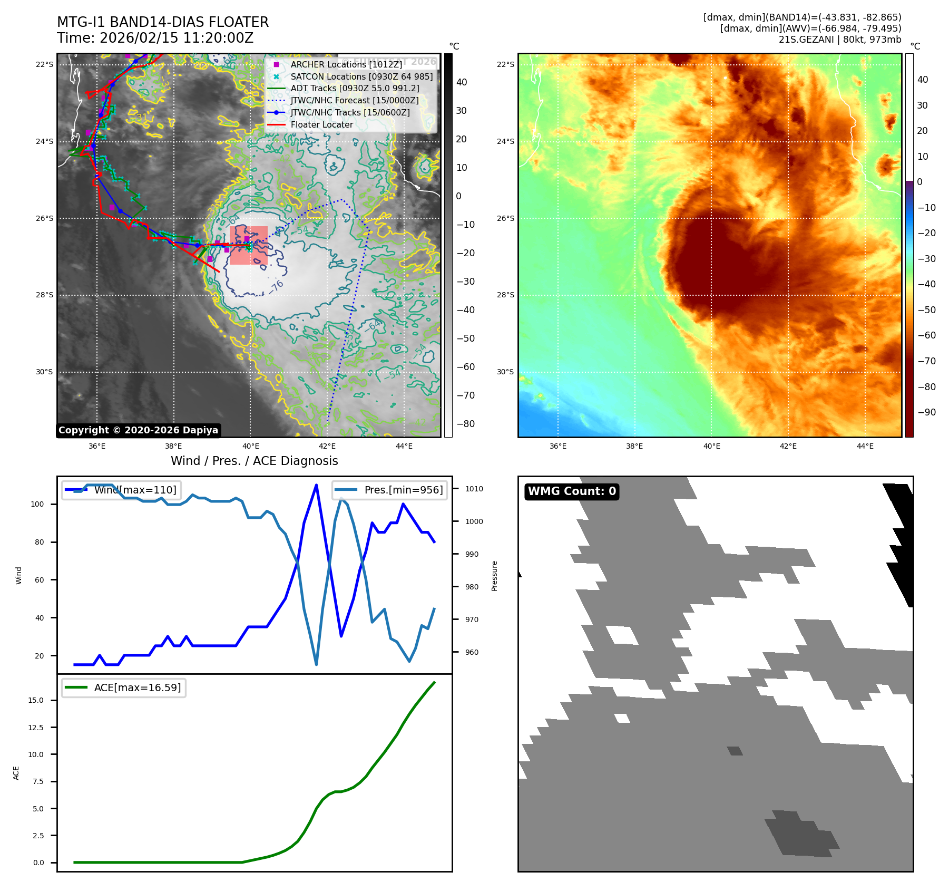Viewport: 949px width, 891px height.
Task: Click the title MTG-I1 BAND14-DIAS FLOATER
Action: click(163, 22)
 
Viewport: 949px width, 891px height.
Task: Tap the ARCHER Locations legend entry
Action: click(346, 64)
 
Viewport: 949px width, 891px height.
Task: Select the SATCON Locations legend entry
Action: click(361, 76)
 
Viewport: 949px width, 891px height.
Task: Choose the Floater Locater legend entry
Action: click(321, 124)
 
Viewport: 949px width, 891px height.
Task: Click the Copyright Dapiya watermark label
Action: click(138, 430)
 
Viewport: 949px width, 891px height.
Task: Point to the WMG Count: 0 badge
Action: click(572, 491)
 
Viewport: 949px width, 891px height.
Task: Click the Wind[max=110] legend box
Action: click(121, 490)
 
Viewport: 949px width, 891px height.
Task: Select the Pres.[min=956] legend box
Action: click(390, 490)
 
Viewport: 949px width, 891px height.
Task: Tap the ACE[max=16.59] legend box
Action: click(124, 687)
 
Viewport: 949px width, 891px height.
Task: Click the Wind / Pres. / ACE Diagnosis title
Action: click(255, 461)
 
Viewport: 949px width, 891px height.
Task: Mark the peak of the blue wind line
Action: click(316, 485)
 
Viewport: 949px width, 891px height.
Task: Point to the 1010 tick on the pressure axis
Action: click(474, 489)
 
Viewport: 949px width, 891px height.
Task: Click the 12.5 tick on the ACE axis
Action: click(36, 728)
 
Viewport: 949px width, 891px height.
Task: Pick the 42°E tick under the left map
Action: click(327, 446)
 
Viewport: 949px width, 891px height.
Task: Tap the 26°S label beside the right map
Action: click(505, 218)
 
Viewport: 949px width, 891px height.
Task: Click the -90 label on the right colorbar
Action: click(926, 412)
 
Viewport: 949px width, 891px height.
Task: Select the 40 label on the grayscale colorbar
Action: click(462, 82)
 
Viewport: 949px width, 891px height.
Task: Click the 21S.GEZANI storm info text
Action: click(840, 40)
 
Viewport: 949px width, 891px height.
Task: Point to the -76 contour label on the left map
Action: click(277, 286)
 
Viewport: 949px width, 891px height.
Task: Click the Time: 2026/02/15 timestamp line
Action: click(155, 38)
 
